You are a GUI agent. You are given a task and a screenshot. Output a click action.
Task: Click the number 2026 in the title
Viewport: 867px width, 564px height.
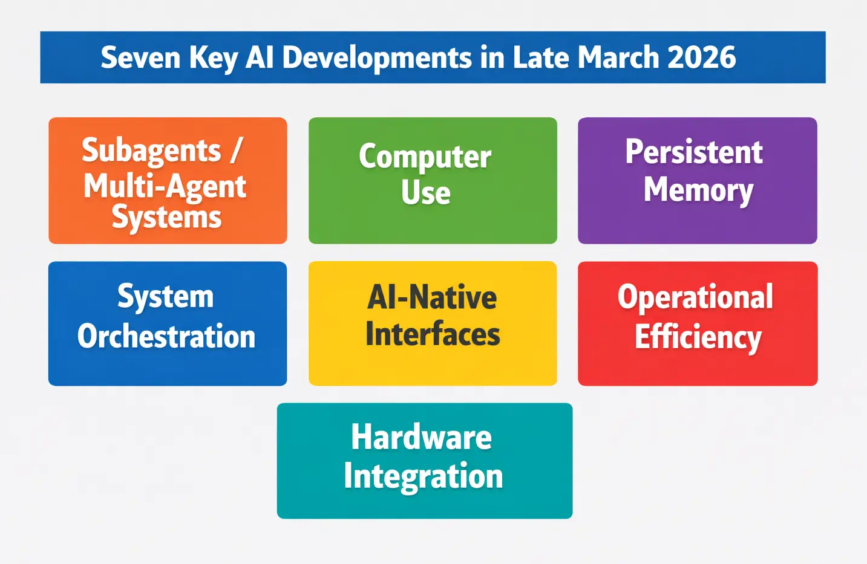point(702,58)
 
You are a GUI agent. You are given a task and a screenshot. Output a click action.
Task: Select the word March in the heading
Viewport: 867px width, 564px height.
point(618,58)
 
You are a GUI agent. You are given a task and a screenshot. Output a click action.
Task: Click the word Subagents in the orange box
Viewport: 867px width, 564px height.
point(151,151)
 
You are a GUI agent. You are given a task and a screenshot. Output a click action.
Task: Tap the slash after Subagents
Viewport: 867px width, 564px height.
point(236,151)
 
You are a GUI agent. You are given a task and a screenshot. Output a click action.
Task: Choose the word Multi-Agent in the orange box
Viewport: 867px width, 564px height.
point(165,186)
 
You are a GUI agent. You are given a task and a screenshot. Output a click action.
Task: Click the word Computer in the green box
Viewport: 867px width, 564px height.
point(425,157)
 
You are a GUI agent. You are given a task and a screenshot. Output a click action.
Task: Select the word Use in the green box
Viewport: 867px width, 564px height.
point(425,193)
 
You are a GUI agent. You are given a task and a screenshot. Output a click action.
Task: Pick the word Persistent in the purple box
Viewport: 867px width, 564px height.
point(694,152)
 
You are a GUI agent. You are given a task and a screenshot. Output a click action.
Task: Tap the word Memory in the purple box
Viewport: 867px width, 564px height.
point(698,190)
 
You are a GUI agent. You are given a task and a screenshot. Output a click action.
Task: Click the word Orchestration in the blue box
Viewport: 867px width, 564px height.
point(166,337)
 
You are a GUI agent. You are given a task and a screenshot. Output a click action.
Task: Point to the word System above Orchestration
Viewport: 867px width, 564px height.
point(165,297)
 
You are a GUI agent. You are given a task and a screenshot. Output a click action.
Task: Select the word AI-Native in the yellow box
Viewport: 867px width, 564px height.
point(432,297)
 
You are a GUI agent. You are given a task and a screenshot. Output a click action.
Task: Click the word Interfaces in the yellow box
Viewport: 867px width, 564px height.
point(433,334)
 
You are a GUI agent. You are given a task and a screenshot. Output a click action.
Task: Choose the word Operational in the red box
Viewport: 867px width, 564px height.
point(695,297)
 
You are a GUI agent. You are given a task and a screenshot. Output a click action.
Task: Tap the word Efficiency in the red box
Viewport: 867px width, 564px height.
point(698,337)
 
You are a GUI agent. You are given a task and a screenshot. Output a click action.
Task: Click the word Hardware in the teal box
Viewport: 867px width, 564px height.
point(421,437)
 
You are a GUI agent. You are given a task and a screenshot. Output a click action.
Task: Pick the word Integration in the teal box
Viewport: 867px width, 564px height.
point(423,476)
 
